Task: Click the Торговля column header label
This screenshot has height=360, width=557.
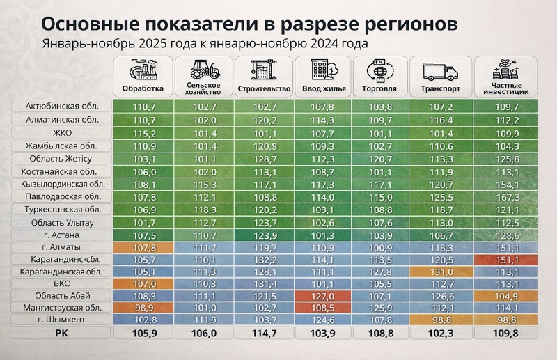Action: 379,89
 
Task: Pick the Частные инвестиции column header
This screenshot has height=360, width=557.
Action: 501,89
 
